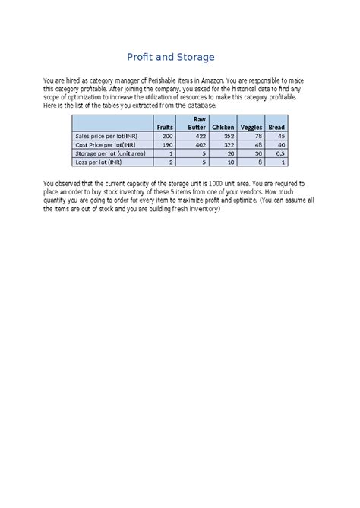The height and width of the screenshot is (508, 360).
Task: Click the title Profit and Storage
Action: point(180,57)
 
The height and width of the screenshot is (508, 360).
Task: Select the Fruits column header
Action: point(164,127)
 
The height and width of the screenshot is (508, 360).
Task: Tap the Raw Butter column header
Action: point(197,123)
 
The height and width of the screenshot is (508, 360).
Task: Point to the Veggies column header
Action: point(251,127)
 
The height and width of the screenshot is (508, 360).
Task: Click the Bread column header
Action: point(276,127)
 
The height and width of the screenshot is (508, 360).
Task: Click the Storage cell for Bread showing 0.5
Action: point(279,153)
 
